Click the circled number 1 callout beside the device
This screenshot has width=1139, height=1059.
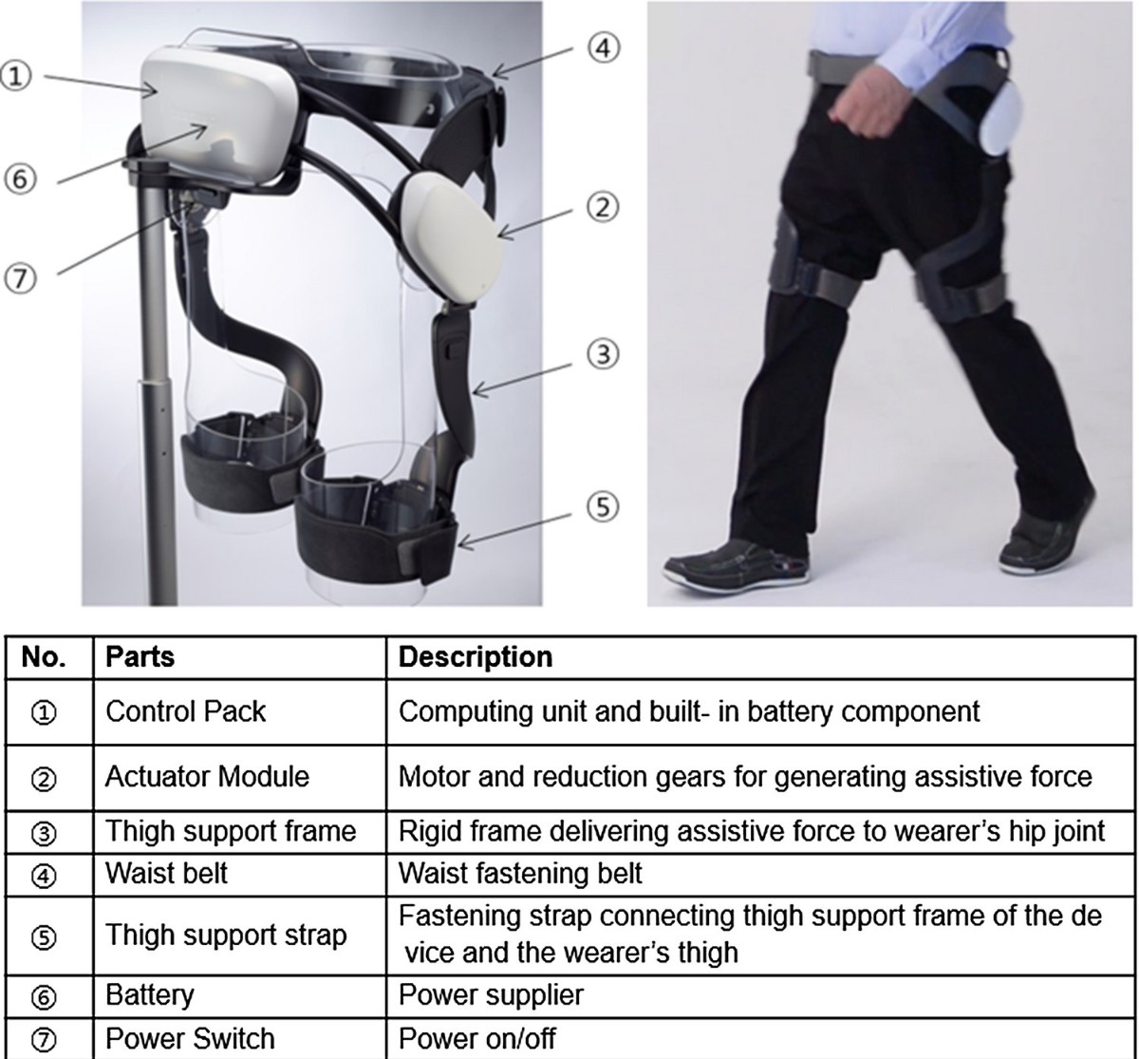point(15,76)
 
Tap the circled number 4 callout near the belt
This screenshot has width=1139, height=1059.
point(604,47)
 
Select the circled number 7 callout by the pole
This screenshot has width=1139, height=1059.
point(20,278)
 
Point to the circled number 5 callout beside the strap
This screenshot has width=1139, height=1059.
point(603,507)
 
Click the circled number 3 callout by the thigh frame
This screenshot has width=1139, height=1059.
point(603,353)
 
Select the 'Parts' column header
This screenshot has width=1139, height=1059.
point(140,657)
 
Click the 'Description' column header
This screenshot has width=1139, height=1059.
point(476,657)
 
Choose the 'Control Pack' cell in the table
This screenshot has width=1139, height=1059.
point(185,711)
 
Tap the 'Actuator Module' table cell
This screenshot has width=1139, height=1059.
point(207,777)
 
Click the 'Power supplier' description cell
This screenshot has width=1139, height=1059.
point(491,994)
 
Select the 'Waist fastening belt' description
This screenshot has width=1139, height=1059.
point(520,874)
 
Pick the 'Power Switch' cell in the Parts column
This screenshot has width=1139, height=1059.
point(190,1038)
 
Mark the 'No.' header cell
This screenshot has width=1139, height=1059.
point(44,657)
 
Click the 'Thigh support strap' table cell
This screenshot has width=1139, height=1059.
point(226,935)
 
